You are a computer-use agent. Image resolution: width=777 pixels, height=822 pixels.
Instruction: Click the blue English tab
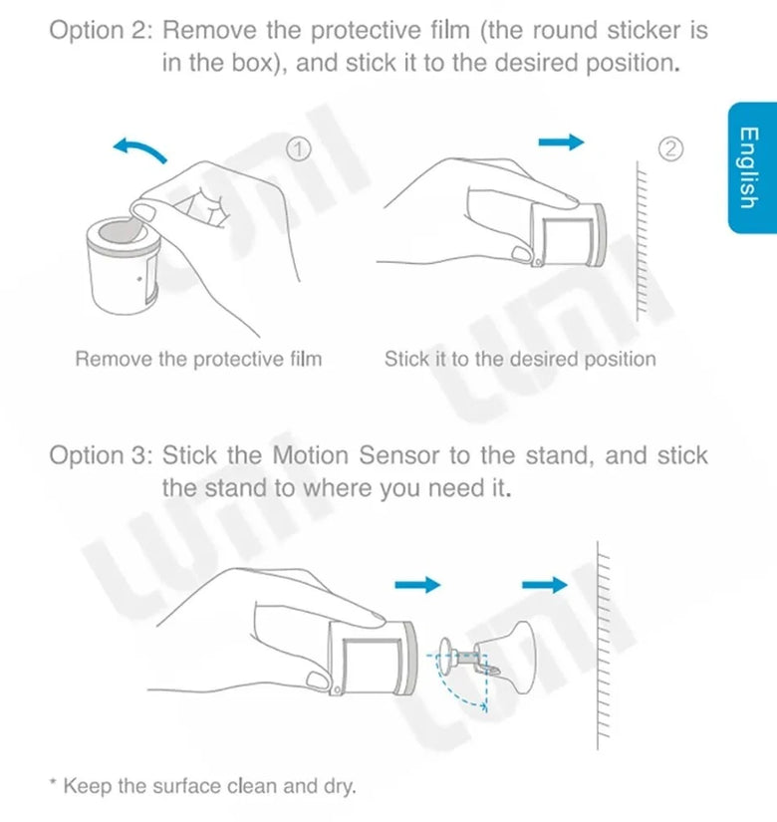coord(746,167)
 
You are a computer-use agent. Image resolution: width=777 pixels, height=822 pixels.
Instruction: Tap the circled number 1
coord(297,148)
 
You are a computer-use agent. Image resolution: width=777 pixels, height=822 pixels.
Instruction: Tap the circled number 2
coord(671,149)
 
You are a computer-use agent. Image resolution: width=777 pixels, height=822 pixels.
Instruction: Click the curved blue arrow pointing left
coord(139,149)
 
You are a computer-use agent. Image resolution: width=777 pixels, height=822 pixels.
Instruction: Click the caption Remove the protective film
coord(198,359)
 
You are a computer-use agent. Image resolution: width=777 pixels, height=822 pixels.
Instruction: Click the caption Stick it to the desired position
coord(520,359)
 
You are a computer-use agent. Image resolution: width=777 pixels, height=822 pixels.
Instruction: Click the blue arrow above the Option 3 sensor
coord(417,585)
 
